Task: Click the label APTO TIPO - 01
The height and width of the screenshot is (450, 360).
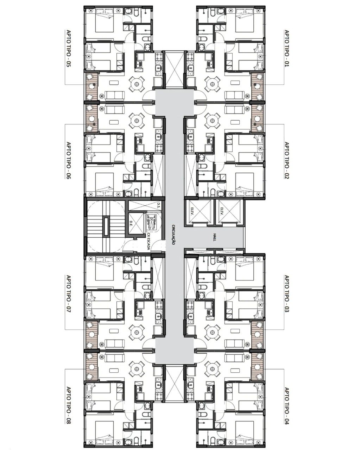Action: (286, 49)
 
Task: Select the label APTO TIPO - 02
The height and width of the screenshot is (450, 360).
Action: (286, 160)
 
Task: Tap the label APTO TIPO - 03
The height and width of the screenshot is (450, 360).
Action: (286, 294)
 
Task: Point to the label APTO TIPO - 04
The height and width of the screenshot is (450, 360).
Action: (286, 406)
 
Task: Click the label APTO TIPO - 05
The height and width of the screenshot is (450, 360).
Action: (68, 49)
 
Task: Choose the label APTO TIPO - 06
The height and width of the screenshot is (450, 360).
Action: (68, 160)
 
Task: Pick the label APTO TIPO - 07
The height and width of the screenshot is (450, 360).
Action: (68, 294)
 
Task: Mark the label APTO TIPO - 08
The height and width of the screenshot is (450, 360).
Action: (68, 406)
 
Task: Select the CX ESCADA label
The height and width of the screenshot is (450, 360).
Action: (149, 241)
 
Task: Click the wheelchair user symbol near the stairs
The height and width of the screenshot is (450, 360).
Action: (151, 220)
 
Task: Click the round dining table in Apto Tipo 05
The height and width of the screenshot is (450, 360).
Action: (137, 84)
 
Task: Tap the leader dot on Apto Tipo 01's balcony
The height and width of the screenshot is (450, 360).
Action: (255, 84)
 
